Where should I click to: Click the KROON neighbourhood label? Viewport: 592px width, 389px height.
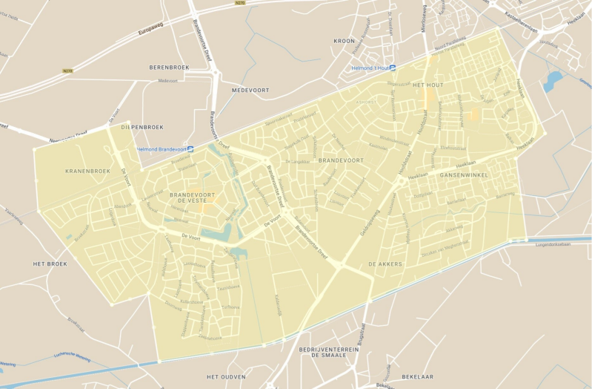click(345, 41)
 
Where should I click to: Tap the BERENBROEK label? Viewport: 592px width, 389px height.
click(170, 66)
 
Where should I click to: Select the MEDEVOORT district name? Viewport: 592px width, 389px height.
click(250, 90)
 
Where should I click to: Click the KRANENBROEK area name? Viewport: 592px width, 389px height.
click(87, 171)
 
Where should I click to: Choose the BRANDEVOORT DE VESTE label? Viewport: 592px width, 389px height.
click(196, 197)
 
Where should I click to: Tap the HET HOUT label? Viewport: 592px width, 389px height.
click(428, 85)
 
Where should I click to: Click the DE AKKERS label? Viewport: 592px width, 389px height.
click(385, 264)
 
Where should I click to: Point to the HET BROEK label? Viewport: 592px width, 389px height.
click(50, 264)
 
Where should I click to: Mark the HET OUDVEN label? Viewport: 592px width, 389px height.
click(226, 377)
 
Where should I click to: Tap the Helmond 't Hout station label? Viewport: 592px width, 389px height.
click(373, 68)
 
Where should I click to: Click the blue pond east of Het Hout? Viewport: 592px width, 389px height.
click(553, 80)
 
